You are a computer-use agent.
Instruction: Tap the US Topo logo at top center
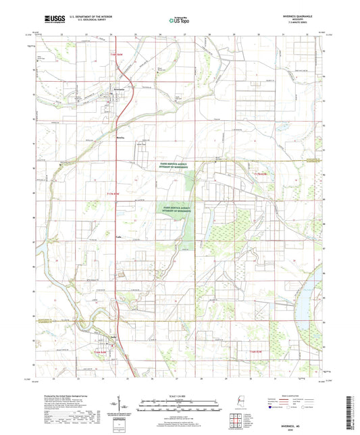click(x=176, y=20)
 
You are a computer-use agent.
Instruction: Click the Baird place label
click(x=122, y=136)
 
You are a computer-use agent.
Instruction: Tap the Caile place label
click(x=119, y=237)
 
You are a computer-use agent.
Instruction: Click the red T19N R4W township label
click(x=118, y=53)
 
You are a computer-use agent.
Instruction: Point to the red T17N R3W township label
click(x=259, y=174)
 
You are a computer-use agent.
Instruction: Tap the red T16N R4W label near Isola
click(x=100, y=352)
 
